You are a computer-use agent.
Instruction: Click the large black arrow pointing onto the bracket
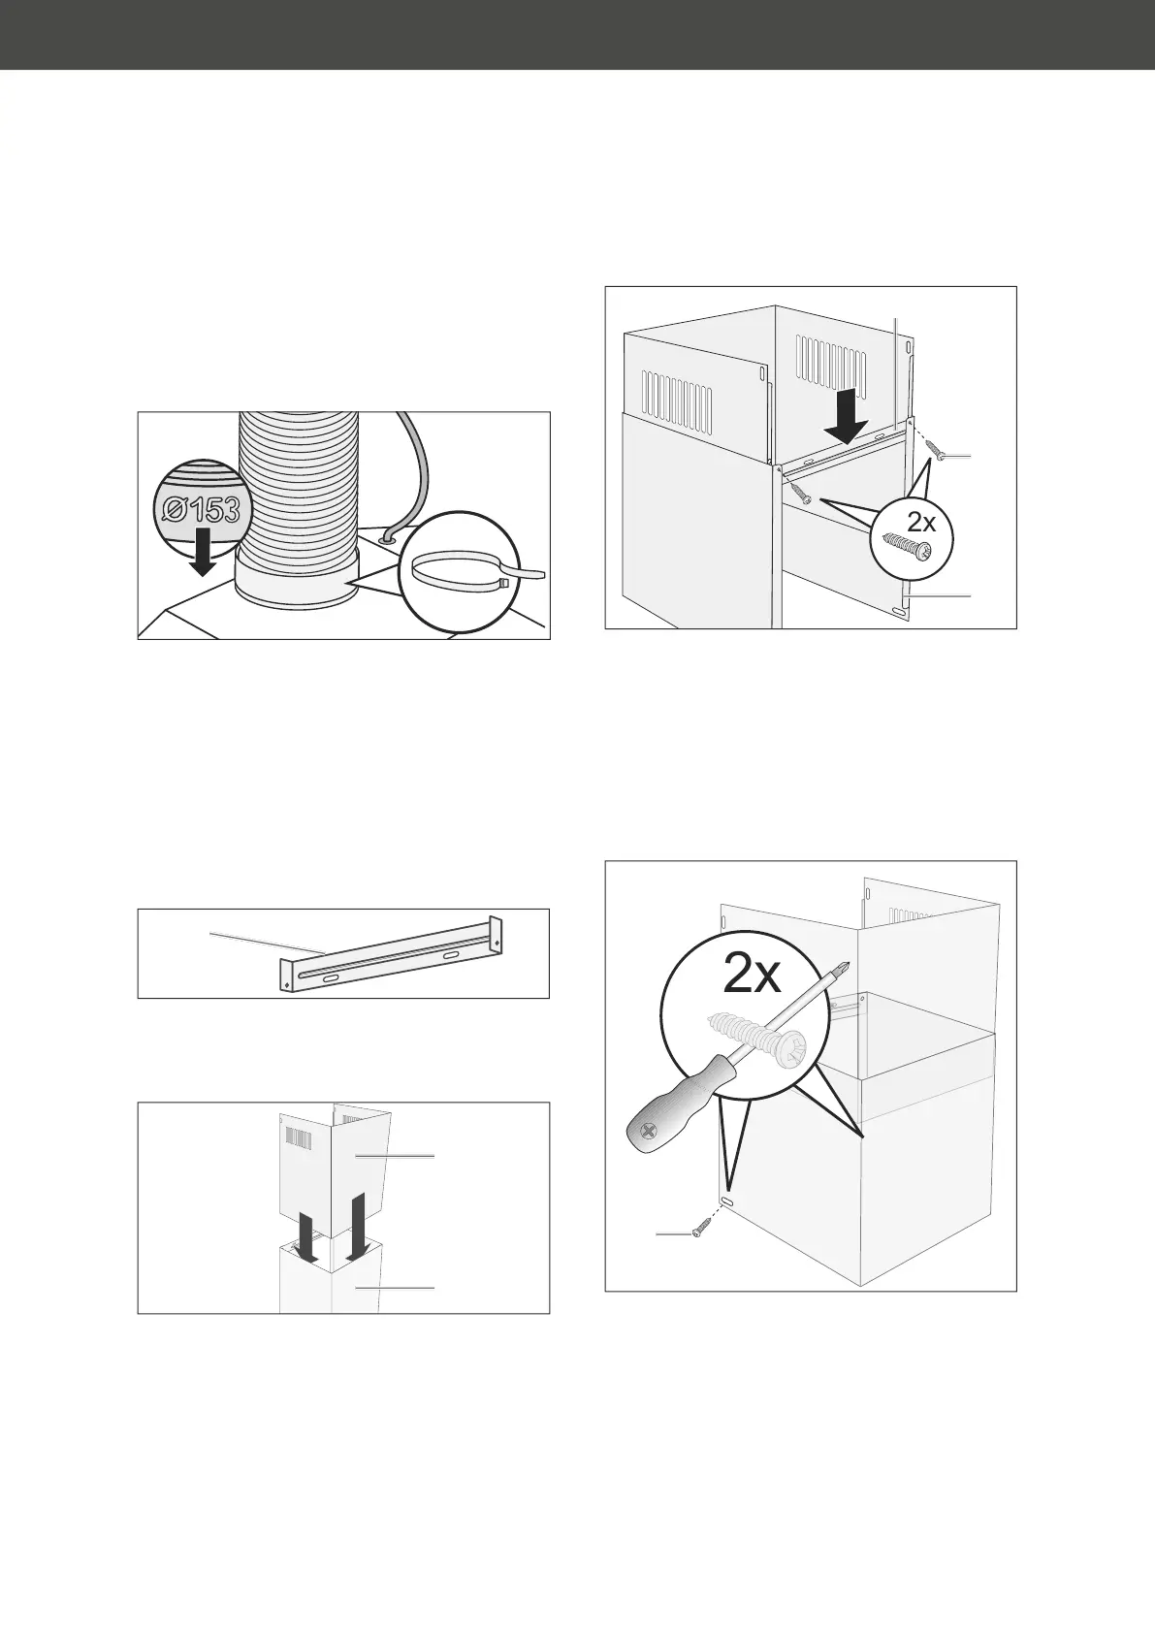coord(847,416)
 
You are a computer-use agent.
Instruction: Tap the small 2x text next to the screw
coord(921,522)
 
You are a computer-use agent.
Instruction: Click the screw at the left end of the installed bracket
coord(799,493)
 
